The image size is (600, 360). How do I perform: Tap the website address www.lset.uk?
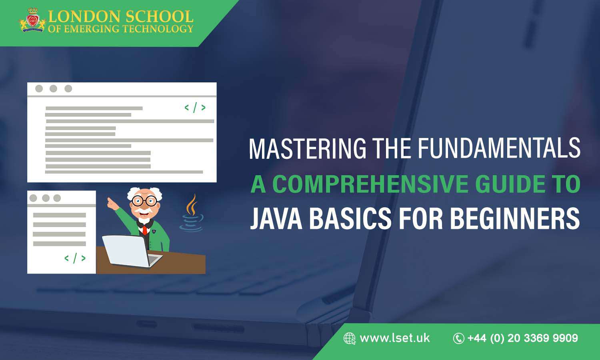[394, 338]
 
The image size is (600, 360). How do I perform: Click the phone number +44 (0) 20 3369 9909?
[522, 338]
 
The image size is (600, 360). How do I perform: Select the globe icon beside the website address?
[349, 338]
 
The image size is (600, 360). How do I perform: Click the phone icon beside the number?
[458, 338]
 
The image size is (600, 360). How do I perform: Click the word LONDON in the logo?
[84, 17]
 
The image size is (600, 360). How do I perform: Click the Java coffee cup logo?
[191, 214]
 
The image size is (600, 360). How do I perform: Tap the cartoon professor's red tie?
[144, 230]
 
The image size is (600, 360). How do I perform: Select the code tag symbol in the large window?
[195, 107]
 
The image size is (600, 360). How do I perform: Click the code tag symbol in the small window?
[75, 258]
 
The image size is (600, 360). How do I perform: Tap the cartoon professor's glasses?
[144, 201]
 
